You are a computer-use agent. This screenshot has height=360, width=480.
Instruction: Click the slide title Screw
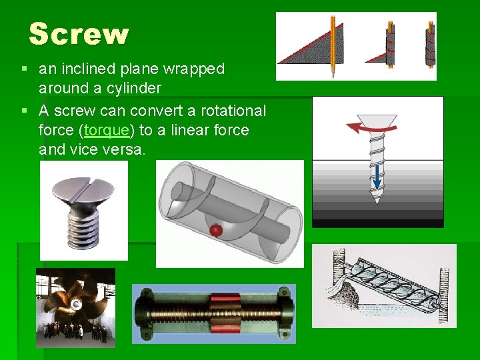tap(79, 34)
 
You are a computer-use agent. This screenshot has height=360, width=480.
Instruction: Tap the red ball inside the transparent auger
tap(215, 230)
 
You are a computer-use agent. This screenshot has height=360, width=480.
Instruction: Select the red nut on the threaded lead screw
tap(221, 313)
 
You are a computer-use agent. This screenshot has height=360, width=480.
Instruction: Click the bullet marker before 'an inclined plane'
tap(24, 69)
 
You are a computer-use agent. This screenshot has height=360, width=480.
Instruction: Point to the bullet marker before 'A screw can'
tap(24, 111)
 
